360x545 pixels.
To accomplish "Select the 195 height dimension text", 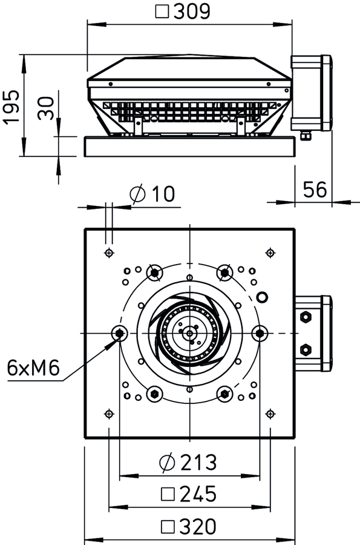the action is pyautogui.click(x=11, y=107).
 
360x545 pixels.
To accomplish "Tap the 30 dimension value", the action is pyautogui.click(x=46, y=108).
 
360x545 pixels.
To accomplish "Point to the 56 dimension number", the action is pyautogui.click(x=315, y=190).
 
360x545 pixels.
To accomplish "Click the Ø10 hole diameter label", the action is pyautogui.click(x=152, y=194).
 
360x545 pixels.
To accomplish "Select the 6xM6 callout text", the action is pyautogui.click(x=33, y=368).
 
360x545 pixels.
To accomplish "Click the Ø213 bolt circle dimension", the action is pyautogui.click(x=188, y=462).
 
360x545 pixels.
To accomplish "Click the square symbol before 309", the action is pyautogui.click(x=162, y=12).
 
